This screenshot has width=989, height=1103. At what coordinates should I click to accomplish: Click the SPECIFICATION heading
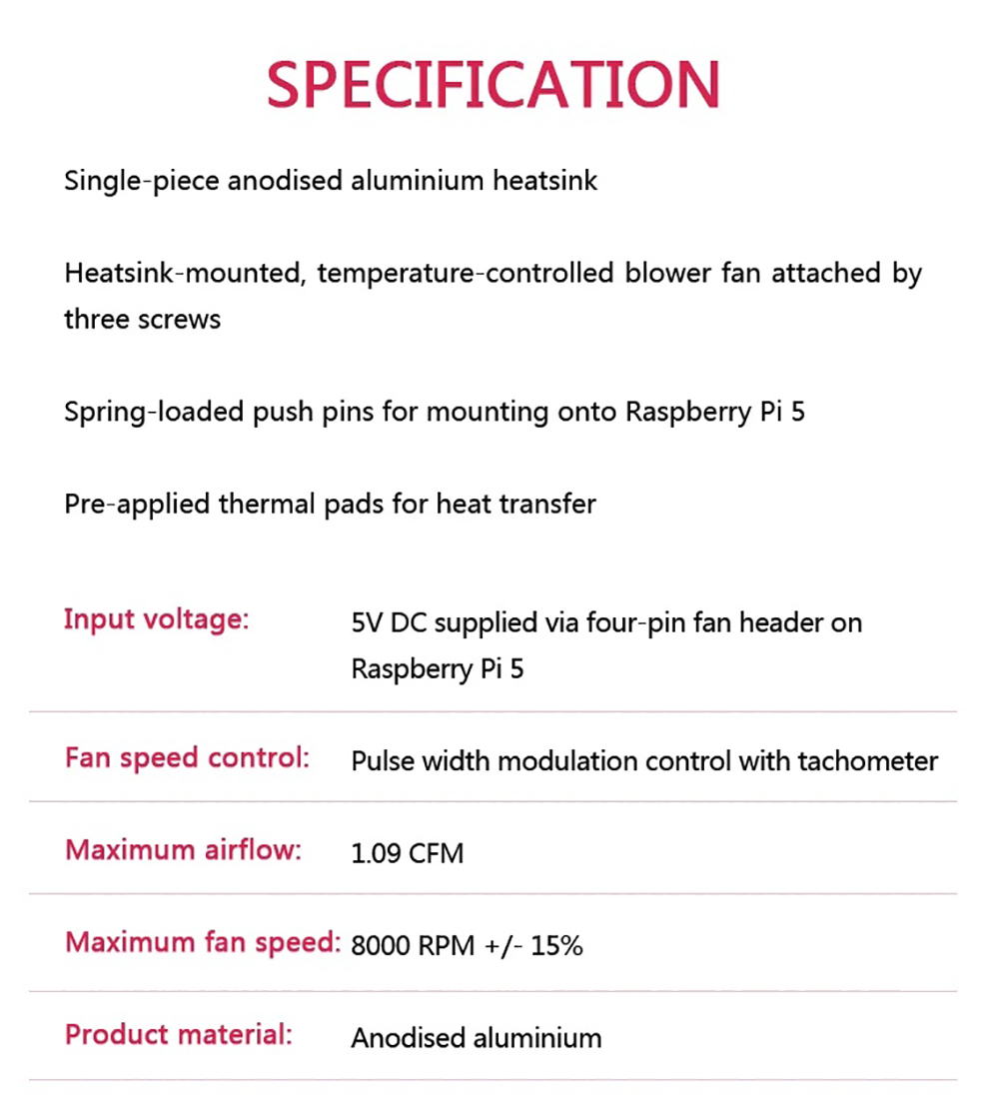(x=493, y=85)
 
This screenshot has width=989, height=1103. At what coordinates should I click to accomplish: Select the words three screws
(x=142, y=320)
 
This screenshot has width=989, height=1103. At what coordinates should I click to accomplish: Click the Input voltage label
(x=156, y=620)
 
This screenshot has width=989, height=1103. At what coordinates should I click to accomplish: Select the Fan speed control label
(x=187, y=758)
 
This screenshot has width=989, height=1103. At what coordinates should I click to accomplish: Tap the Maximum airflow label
(x=183, y=851)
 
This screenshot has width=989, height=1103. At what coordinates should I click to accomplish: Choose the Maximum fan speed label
(x=203, y=942)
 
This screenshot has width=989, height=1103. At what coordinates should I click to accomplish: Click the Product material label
(x=179, y=1035)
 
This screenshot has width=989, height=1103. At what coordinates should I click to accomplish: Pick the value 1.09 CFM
(x=408, y=855)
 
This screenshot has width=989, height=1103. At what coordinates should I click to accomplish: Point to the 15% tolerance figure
(x=556, y=946)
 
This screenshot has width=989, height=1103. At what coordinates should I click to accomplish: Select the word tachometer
(x=867, y=762)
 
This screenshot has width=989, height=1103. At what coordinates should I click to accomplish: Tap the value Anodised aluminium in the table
(x=477, y=1039)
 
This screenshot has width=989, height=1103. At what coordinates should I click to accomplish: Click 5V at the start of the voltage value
(x=366, y=623)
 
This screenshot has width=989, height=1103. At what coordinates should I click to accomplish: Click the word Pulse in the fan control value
(x=380, y=762)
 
